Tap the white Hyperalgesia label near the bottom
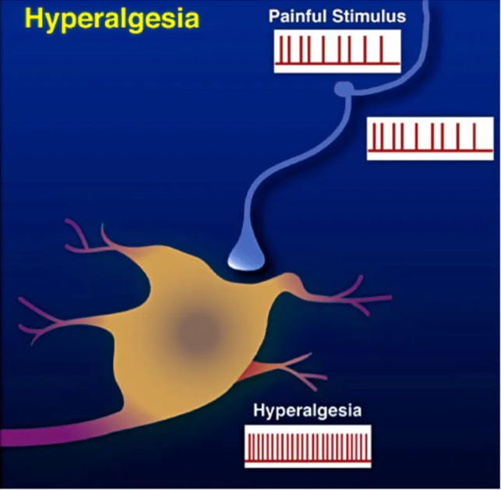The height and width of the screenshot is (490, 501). (308, 410)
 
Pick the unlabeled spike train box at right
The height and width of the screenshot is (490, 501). (429, 138)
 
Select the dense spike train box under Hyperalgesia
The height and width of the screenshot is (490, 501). (308, 446)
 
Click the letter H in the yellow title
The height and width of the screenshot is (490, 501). (34, 18)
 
